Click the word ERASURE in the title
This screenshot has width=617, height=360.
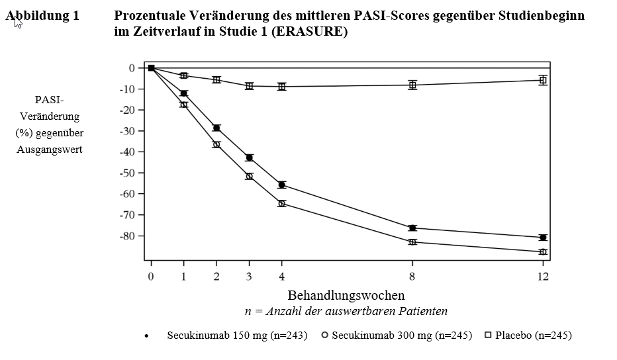tap(309, 32)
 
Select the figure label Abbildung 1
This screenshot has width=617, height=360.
tap(42, 16)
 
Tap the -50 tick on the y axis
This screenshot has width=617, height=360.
tap(127, 173)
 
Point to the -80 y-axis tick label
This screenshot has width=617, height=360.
tap(127, 236)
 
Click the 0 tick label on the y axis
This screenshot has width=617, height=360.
tap(132, 68)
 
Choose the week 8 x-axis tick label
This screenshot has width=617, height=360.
tap(412, 277)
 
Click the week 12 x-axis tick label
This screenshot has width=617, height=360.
tap(543, 277)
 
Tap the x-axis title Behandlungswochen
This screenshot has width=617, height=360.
tap(346, 295)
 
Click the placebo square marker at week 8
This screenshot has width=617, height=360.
tap(412, 85)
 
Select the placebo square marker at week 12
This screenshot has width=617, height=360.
tap(543, 80)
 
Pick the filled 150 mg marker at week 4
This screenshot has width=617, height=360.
tap(282, 185)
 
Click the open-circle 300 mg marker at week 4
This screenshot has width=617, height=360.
tap(282, 203)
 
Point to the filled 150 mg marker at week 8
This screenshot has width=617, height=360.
tap(412, 228)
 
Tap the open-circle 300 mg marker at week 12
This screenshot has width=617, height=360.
tap(543, 252)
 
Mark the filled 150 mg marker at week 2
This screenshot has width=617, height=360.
tap(216, 128)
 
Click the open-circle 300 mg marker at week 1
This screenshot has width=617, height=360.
tap(184, 105)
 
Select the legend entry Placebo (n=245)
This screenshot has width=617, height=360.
tap(528, 336)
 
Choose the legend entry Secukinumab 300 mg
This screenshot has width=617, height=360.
tap(397, 336)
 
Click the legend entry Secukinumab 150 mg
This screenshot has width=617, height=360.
tap(226, 336)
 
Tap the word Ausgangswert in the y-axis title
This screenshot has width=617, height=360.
tap(50, 150)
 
